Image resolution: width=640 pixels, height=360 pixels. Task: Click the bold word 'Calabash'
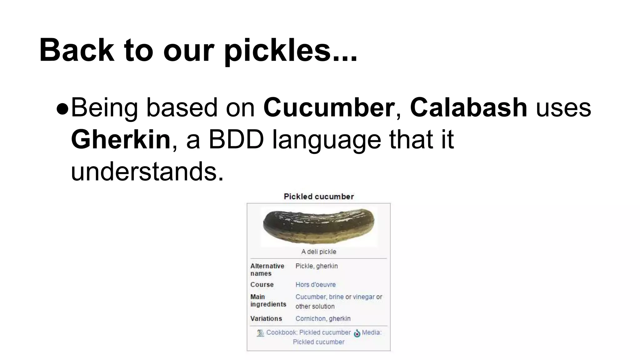[469, 107]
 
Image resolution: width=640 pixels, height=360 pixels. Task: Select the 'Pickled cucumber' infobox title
[319, 197]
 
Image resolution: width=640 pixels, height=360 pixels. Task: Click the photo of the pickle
[319, 226]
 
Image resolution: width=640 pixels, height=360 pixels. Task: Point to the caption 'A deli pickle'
[319, 252]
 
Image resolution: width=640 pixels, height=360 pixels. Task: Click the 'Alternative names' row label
[267, 270]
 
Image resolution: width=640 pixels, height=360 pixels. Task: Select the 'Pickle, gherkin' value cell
[317, 266]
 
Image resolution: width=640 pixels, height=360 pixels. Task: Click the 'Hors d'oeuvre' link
[316, 285]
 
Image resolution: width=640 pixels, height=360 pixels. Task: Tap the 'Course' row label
[262, 285]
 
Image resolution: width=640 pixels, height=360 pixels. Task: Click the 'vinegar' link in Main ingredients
[364, 297]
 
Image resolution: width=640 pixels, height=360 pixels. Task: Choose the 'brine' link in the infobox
[336, 297]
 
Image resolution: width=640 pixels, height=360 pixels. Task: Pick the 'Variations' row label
[266, 319]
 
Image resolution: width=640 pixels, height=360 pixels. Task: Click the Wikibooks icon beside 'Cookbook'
[260, 333]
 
